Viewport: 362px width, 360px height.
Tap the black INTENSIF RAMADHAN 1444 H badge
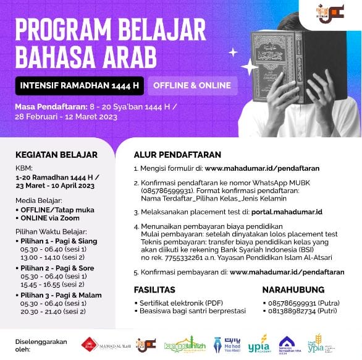click(x=79, y=85)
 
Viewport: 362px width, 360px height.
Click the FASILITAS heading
click(x=154, y=289)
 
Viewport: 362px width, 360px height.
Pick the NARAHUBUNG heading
click(x=294, y=289)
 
